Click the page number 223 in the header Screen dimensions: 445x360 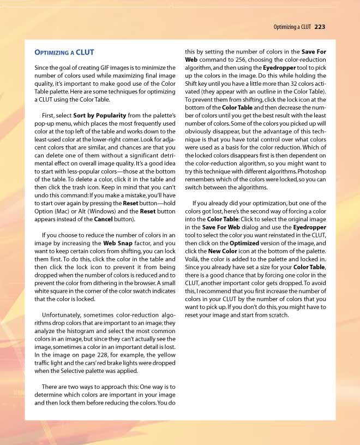tap(320, 26)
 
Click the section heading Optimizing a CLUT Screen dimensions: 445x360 tap(64, 52)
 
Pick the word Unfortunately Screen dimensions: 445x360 tap(65, 315)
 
